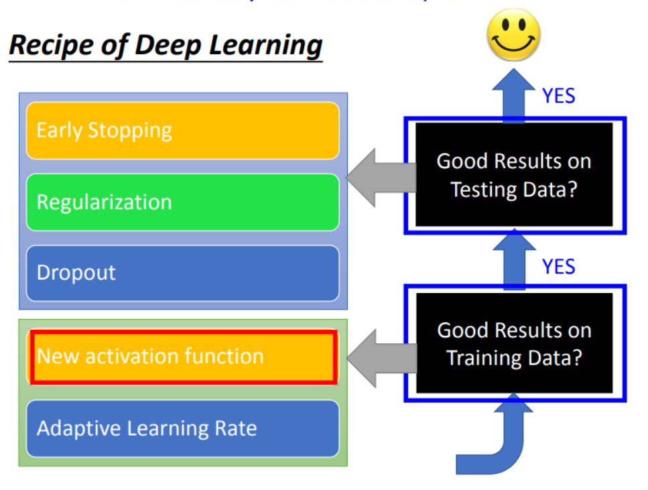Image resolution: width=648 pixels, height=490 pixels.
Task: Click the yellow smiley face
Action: coord(513,34)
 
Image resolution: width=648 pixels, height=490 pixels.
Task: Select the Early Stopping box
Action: coord(182,131)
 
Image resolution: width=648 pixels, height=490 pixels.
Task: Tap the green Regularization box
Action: coord(182,202)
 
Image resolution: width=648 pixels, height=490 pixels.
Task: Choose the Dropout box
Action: coord(182,273)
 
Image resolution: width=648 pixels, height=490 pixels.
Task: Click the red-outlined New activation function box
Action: coord(182,356)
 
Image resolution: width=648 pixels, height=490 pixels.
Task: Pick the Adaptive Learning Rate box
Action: coord(182,428)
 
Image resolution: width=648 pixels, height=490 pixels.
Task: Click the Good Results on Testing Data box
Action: coord(514,175)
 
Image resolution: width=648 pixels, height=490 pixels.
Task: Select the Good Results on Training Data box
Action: coord(514,343)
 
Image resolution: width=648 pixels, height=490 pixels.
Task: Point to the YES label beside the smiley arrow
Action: coord(559,96)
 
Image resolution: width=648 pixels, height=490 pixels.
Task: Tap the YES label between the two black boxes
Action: coord(559,267)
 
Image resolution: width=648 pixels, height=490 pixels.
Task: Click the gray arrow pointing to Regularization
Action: coord(379,176)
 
